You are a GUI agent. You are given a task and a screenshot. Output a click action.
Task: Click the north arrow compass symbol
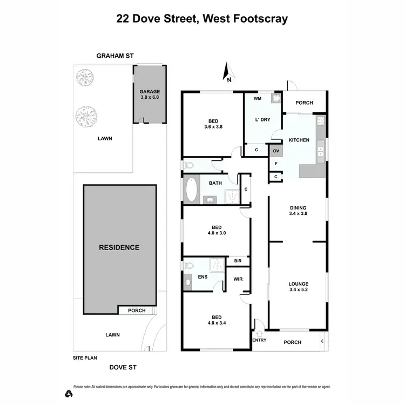click(228, 72)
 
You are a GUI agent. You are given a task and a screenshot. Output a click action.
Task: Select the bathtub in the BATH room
click(191, 190)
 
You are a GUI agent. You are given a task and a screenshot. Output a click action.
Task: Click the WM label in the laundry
click(257, 99)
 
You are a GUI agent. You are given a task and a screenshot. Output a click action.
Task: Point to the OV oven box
click(275, 151)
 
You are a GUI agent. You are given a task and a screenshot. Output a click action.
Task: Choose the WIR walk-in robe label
click(238, 279)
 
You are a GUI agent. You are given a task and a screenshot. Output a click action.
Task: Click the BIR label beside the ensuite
click(238, 261)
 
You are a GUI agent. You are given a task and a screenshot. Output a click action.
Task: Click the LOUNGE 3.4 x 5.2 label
click(298, 286)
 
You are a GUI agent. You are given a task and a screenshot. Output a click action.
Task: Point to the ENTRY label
click(259, 340)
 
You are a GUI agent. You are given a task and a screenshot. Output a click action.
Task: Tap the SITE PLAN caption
click(85, 358)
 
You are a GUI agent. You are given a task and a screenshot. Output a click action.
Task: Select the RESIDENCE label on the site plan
click(119, 248)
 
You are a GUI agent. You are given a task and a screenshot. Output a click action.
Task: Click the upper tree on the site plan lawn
click(84, 79)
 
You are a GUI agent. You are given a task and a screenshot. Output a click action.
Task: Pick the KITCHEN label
click(299, 140)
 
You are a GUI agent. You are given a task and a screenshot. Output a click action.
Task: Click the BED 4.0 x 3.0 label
click(216, 231)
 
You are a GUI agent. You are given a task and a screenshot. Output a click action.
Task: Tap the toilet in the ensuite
click(188, 266)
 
